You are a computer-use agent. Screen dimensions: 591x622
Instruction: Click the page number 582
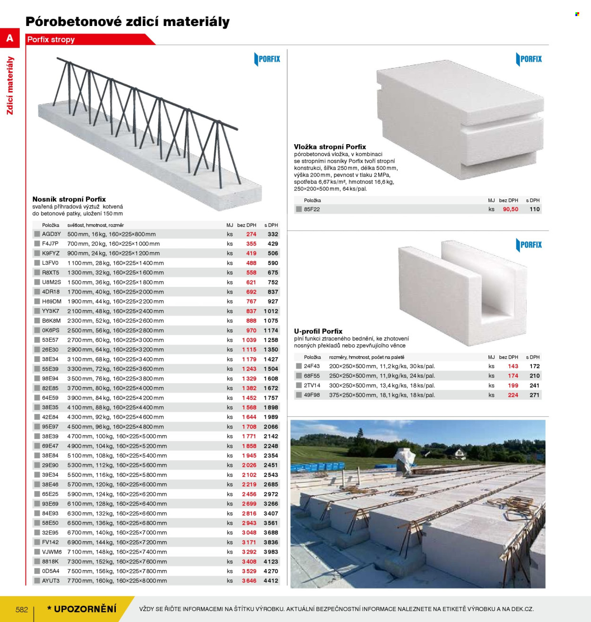coord(22,609)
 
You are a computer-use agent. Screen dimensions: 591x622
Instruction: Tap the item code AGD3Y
coord(51,234)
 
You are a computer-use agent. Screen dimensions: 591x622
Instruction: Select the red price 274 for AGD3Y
coord(252,234)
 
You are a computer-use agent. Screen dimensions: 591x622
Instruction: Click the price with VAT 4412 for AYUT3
coord(271,580)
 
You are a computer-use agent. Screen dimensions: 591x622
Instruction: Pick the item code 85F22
coord(312,209)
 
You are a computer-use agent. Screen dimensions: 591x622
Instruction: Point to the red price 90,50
coord(511,209)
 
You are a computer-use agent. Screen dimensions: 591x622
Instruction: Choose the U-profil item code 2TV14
coord(312,385)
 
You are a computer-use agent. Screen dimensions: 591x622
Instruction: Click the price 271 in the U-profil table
coord(534,395)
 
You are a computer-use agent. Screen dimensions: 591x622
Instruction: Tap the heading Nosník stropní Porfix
coord(69,199)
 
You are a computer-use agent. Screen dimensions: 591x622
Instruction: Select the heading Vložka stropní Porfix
coord(330,147)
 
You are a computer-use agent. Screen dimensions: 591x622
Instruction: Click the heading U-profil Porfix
coord(318,331)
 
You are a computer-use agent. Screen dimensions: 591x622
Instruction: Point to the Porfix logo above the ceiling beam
coord(267,59)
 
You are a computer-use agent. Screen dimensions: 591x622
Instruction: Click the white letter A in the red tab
coord(10,38)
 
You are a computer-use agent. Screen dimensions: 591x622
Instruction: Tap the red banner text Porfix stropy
coord(51,40)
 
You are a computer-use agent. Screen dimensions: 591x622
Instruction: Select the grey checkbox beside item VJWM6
coord(37,552)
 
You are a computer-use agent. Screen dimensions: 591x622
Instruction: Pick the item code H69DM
coord(52,301)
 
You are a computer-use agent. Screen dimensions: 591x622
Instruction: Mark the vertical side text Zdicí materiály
coord(10,86)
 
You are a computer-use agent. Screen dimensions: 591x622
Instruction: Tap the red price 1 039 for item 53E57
coord(249,340)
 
